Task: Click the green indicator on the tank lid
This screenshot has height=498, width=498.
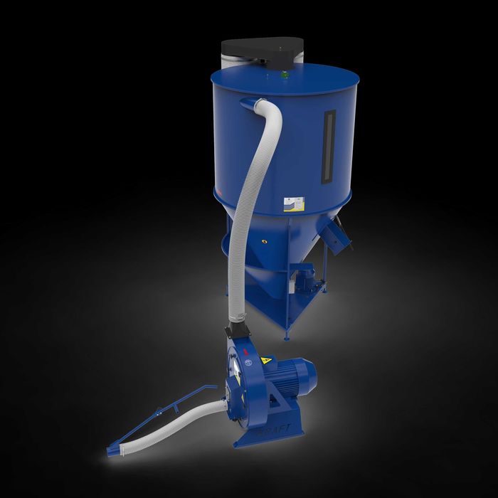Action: pyautogui.click(x=285, y=73)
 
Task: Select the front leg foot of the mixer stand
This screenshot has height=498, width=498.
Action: pyautogui.click(x=287, y=334)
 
